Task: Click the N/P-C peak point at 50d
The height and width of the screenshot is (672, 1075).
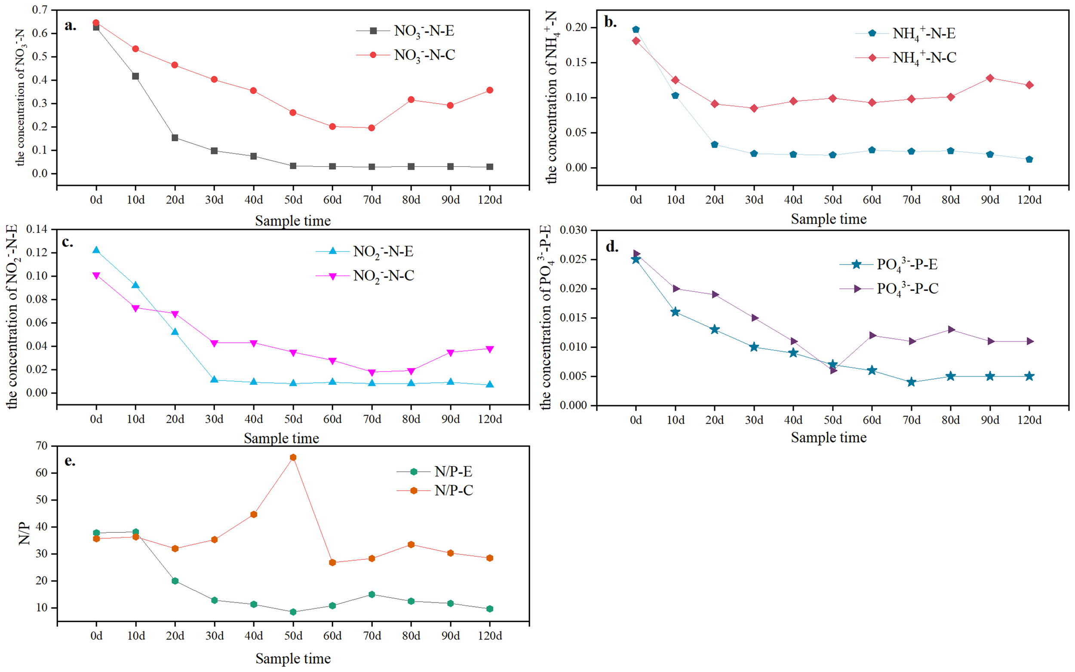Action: (293, 457)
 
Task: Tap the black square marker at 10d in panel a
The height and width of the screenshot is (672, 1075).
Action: (135, 76)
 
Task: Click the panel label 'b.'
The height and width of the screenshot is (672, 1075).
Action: (611, 22)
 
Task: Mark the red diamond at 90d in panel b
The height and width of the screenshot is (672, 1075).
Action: (989, 78)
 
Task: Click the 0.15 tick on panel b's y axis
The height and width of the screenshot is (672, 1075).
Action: (576, 62)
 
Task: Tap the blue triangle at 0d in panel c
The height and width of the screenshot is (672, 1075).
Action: (96, 250)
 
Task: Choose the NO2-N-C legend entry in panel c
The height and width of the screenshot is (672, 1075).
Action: (383, 276)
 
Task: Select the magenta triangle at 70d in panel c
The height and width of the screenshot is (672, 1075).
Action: (372, 373)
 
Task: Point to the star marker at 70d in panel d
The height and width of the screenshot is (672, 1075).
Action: (911, 382)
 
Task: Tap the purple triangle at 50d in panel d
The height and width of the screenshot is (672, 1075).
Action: (833, 371)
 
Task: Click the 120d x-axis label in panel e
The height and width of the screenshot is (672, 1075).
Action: (490, 636)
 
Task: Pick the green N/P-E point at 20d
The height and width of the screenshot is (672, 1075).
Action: (175, 581)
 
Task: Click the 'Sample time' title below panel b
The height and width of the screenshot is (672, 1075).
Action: (828, 219)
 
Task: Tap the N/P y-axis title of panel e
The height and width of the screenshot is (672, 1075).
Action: (24, 533)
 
